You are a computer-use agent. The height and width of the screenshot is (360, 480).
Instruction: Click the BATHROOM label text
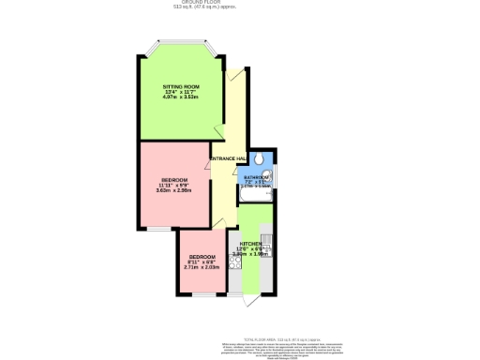click(x=258, y=176)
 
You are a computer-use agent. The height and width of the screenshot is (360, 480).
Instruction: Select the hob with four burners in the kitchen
click(x=233, y=263)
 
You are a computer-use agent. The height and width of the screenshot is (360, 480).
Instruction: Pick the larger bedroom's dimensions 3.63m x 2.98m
click(x=173, y=189)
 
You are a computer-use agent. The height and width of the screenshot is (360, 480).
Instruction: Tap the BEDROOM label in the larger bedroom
click(x=173, y=179)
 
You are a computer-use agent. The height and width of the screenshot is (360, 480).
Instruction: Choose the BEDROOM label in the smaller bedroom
click(x=202, y=257)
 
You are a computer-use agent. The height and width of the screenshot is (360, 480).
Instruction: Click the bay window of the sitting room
click(x=180, y=45)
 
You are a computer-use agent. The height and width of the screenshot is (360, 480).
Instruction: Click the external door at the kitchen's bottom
click(x=247, y=299)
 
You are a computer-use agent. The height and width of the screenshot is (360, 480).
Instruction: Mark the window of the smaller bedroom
click(x=201, y=294)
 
